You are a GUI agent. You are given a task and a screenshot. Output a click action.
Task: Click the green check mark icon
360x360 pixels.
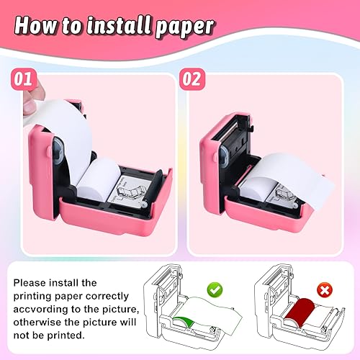click(x=215, y=289)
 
